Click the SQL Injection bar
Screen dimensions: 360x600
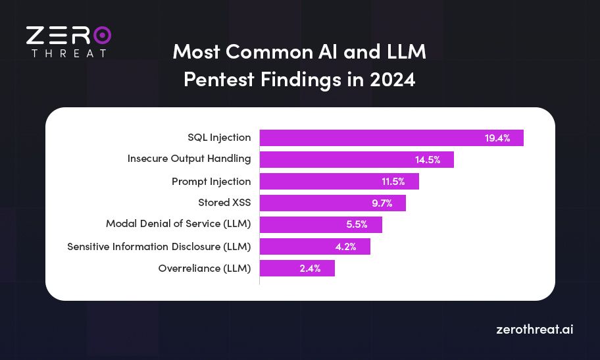pyautogui.click(x=391, y=138)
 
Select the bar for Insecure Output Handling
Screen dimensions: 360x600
pyautogui.click(x=357, y=159)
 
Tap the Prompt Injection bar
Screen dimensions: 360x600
pyautogui.click(x=339, y=181)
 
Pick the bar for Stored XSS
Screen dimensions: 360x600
pyautogui.click(x=332, y=203)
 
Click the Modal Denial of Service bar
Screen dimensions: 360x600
pyautogui.click(x=320, y=224)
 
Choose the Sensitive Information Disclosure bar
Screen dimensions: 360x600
pyautogui.click(x=314, y=246)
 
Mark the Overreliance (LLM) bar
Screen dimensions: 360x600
pyautogui.click(x=297, y=268)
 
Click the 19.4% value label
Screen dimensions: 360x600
pyautogui.click(x=497, y=138)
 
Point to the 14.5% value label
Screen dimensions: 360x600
pyautogui.click(x=428, y=160)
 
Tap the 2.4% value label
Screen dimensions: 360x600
pyautogui.click(x=309, y=269)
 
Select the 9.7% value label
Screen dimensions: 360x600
pyautogui.click(x=382, y=203)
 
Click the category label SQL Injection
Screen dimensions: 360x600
pyautogui.click(x=219, y=138)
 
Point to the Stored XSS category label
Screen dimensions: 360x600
pyautogui.click(x=224, y=203)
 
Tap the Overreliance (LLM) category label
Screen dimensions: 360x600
pyautogui.click(x=205, y=268)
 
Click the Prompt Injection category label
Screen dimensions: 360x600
pyautogui.click(x=211, y=181)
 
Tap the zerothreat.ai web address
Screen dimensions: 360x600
pyautogui.click(x=534, y=329)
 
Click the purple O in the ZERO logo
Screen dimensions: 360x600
pyautogui.click(x=101, y=35)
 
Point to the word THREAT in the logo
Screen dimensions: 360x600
pyautogui.click(x=68, y=53)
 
